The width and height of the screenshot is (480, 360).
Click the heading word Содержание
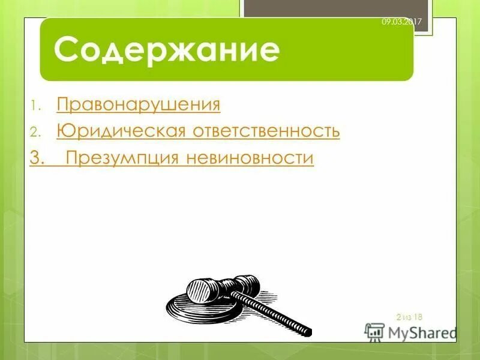tap(167, 50)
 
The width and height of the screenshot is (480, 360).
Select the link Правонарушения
tap(139, 105)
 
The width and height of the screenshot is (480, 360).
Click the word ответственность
tap(266, 131)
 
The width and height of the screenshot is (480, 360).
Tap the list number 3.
tap(37, 158)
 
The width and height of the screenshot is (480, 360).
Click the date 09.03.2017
tap(402, 22)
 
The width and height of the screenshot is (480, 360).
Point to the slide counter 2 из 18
tap(410, 316)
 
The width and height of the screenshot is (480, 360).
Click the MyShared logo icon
tap(375, 332)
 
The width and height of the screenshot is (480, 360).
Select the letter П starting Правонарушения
tap(62, 105)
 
